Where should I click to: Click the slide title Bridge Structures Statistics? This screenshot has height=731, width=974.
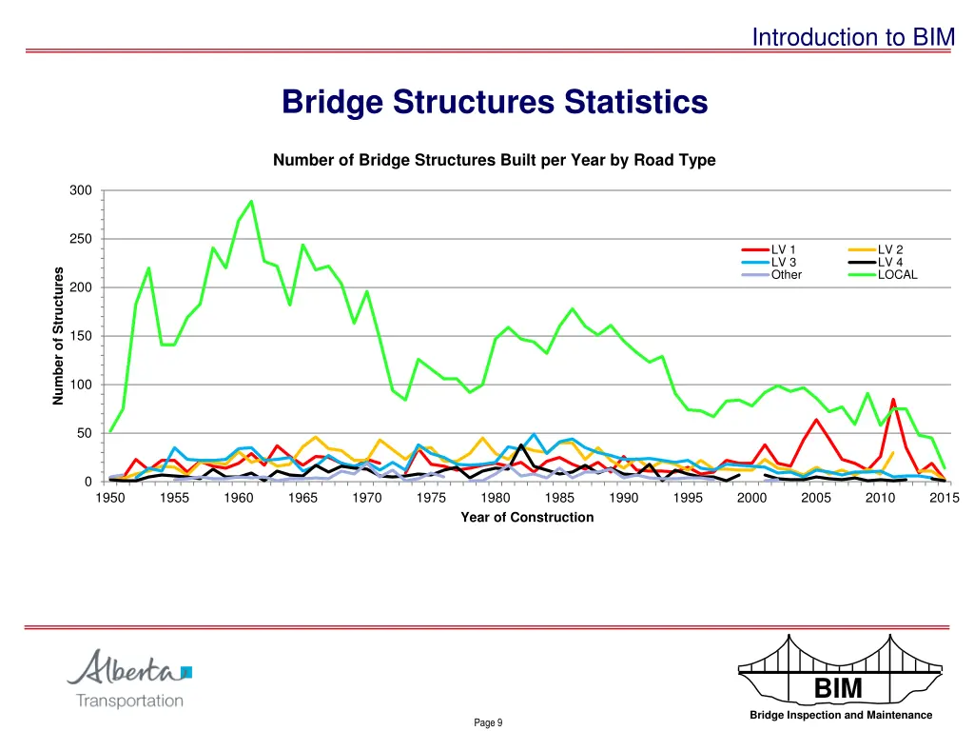click(495, 102)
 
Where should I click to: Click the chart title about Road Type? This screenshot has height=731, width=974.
click(494, 161)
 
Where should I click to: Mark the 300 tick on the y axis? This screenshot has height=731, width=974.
click(81, 191)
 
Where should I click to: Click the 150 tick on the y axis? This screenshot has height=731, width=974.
click(81, 336)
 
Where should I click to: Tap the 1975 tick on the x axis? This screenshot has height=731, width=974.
click(432, 498)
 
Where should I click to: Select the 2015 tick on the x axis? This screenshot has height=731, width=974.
click(945, 498)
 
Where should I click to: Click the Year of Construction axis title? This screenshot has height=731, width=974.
click(527, 518)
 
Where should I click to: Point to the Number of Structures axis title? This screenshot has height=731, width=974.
click(59, 336)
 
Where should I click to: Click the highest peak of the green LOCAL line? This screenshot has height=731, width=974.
click(251, 201)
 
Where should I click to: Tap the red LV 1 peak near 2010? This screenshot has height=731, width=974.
click(893, 400)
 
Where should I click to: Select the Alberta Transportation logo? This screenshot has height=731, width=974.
click(129, 679)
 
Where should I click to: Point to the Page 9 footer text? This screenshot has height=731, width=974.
click(488, 723)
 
